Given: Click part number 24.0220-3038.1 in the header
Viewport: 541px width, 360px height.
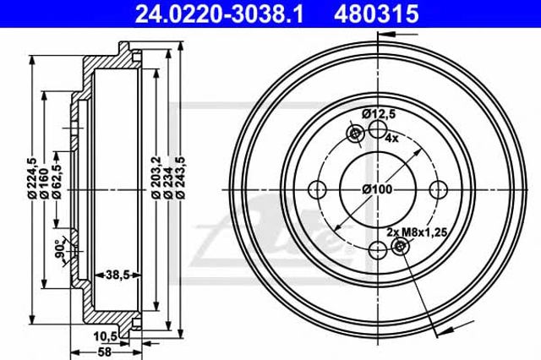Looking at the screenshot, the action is [x=220, y=14].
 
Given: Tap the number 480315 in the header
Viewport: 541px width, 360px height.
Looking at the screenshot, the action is [x=376, y=14].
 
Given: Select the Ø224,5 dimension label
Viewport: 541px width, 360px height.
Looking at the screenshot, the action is [x=32, y=178].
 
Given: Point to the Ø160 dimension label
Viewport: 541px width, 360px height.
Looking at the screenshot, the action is [x=44, y=183].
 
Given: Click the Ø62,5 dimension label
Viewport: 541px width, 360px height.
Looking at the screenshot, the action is [x=57, y=180].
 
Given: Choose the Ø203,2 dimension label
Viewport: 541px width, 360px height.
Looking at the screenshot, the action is [x=156, y=177].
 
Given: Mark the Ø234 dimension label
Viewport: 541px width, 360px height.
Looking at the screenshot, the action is [x=168, y=183].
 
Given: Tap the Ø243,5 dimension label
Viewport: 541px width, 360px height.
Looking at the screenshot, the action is [x=180, y=177].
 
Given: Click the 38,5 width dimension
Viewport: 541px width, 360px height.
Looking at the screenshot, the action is [x=117, y=275].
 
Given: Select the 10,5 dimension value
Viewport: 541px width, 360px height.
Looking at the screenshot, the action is [x=106, y=336].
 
